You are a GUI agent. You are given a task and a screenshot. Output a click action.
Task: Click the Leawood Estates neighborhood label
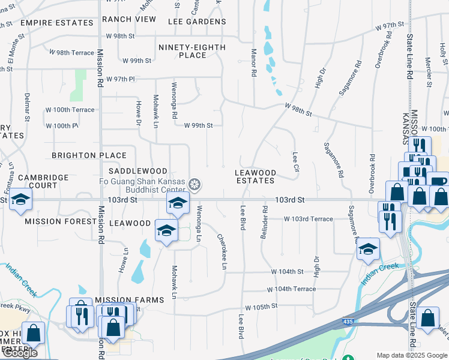coord(255,176)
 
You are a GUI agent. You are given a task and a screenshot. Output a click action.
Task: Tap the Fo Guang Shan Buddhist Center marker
coord(194,184)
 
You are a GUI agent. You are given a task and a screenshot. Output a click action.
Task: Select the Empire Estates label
coord(56,23)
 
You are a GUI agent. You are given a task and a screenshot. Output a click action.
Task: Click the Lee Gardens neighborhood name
coord(197,22)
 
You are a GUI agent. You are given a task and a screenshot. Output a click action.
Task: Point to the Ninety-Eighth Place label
coord(192,51)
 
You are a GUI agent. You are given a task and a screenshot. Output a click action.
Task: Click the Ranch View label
coord(128,19)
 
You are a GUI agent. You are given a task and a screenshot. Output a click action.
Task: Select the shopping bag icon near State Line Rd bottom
coord(429,318)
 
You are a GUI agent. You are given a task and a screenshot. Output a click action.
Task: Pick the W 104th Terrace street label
coord(291,289)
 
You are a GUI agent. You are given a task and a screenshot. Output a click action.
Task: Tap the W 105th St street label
coord(261,306)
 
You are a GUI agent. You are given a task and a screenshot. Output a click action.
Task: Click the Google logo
coord(19,353)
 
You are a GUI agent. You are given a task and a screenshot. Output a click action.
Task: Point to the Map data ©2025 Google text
coord(412,355)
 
